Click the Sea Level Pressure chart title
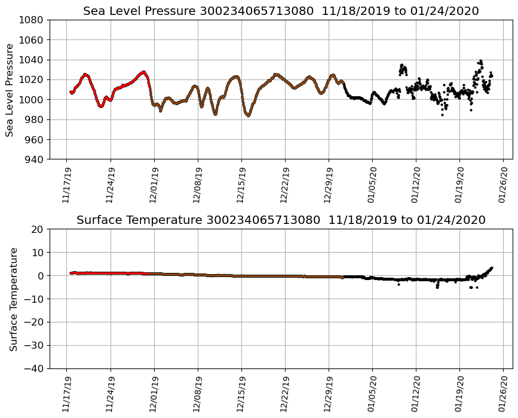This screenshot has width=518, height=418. tap(281, 11)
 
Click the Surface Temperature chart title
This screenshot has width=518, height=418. tap(281, 220)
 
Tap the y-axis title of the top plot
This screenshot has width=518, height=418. tap(10, 90)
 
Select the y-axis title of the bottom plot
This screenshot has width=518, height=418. tap(13, 299)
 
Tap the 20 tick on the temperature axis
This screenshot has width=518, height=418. tap(37, 229)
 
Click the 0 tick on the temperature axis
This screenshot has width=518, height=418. tap(40, 276)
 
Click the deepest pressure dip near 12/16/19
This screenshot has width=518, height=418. tap(248, 115)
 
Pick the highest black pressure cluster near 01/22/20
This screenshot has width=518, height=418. tap(480, 62)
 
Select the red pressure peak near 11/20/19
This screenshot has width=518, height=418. tap(85, 75)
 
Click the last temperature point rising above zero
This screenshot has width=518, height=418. tap(491, 268)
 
